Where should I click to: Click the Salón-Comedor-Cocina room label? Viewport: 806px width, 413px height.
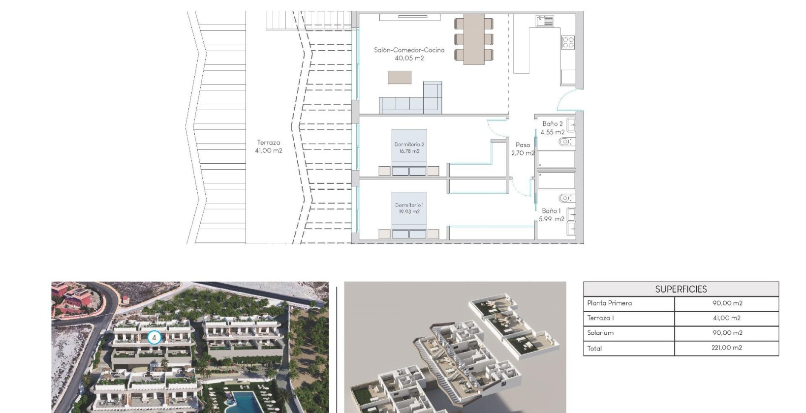coord(409,50)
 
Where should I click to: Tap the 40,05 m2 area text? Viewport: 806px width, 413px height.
coord(409,58)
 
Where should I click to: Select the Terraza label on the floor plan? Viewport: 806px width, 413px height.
coord(268,143)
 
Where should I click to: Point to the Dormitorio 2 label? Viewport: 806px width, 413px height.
coord(409,144)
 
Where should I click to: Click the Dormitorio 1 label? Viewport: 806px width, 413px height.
coord(409,205)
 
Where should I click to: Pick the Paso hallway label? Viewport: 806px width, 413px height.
coord(523,145)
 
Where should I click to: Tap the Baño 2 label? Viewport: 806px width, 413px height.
coord(552,124)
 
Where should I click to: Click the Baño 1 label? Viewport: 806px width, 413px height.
coord(551,211)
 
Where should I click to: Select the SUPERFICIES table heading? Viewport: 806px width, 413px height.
coord(681,289)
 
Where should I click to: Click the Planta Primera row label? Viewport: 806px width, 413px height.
coord(609,303)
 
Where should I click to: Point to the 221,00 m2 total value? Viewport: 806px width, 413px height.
coord(727,348)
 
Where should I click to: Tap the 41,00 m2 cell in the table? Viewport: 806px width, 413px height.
coord(727,318)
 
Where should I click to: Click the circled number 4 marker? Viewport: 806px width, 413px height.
coord(154,338)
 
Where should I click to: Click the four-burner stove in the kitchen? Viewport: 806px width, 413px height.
coord(568,42)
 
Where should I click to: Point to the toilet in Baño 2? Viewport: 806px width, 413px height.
coord(565,142)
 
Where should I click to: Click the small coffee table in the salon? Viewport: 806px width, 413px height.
coord(399,77)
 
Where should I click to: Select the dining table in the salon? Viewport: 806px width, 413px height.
coord(474,38)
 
